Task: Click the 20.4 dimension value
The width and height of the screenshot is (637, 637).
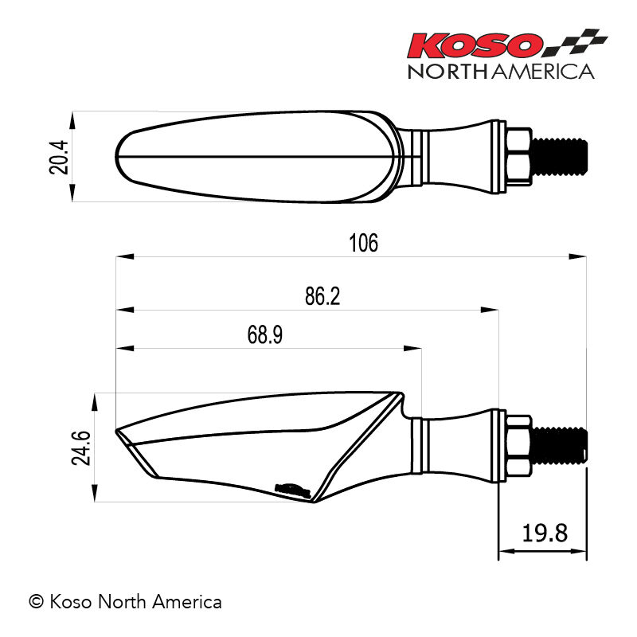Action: [59, 157]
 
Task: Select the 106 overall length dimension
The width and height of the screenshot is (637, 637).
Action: [364, 243]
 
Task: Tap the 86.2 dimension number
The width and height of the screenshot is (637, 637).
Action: [322, 296]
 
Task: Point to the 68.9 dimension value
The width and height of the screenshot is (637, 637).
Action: [265, 334]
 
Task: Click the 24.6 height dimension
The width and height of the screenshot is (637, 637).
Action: [81, 448]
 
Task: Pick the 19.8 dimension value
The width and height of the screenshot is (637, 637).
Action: [545, 533]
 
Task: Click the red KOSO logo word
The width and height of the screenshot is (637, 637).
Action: [475, 45]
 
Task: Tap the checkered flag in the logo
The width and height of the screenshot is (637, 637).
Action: [576, 42]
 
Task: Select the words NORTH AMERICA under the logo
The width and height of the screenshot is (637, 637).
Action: [502, 72]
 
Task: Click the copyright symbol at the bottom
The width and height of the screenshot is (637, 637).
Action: [36, 602]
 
